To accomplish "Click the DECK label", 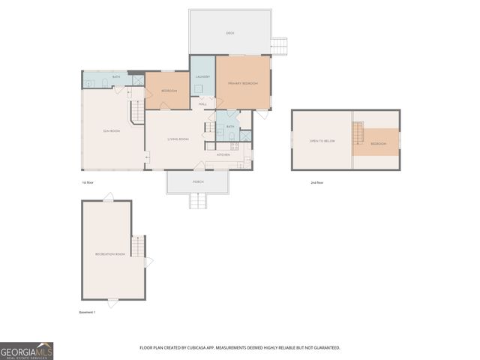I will click(229, 33).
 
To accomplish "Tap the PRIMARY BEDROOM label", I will click(243, 83).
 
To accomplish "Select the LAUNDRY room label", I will click(202, 77).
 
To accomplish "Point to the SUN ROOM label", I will click(112, 130).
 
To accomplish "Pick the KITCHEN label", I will click(223, 154).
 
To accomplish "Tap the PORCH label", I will click(198, 182).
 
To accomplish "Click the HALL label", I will click(202, 103).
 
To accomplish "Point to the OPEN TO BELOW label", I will click(321, 140).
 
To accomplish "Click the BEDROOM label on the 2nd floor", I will click(378, 143).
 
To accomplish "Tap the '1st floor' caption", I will click(88, 182).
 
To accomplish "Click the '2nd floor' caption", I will click(316, 182).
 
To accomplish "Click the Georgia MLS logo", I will click(26, 351).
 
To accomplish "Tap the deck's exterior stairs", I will click(279, 46).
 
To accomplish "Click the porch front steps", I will click(198, 200).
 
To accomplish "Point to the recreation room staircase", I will click(137, 246).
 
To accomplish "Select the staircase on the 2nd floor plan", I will click(358, 135).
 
